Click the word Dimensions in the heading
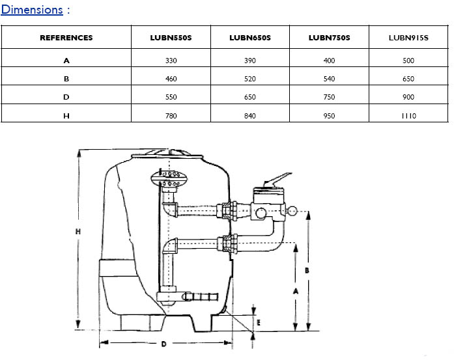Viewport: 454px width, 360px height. tap(32, 10)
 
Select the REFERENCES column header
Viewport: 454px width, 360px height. tap(66, 37)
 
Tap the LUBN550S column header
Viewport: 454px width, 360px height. tap(171, 37)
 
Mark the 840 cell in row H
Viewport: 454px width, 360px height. tap(250, 115)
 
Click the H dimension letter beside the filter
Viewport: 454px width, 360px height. tap(78, 232)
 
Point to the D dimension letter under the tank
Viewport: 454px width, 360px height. tap(163, 343)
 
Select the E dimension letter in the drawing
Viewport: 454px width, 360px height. tap(259, 322)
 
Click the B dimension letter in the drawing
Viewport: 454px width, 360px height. tap(306, 268)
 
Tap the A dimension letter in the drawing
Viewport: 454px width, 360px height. tap(295, 292)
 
